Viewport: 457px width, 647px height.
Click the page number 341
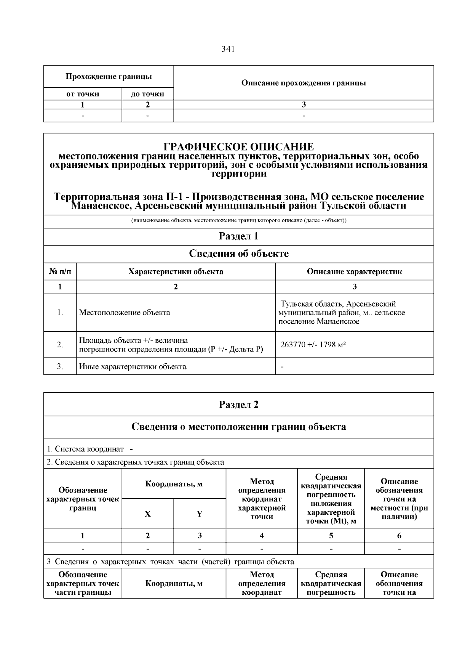[228, 49]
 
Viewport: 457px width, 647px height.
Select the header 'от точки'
[83, 94]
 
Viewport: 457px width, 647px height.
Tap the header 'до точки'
[148, 94]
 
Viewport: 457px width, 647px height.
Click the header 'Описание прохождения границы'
[304, 83]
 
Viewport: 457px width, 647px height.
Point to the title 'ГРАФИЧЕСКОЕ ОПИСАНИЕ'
[239, 147]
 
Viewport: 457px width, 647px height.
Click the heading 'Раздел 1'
[239, 236]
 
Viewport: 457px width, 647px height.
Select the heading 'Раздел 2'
[239, 405]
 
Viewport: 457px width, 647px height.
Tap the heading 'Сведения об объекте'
[239, 254]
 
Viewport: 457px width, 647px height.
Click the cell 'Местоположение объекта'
[125, 313]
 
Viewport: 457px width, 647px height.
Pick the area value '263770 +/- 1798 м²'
[313, 345]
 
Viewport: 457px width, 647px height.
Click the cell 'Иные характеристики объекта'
[133, 367]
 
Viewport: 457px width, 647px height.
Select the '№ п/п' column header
[60, 271]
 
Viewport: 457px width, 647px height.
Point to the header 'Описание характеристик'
[355, 271]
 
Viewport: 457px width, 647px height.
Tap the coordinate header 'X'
[148, 514]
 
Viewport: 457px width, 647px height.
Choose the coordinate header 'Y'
[200, 514]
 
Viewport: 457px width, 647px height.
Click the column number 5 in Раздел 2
[331, 536]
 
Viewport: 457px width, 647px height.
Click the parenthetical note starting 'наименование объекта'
[239, 221]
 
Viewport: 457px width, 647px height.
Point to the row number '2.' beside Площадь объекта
[60, 345]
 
